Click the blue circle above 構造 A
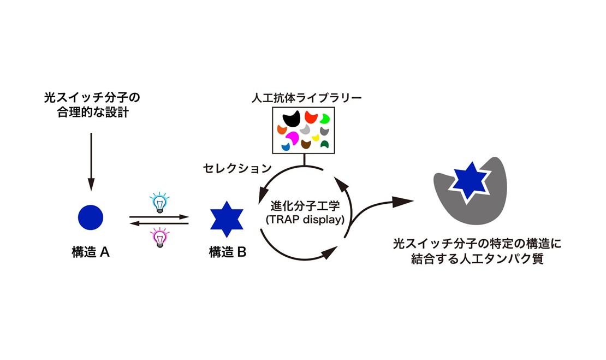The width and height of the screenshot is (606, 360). [91, 217]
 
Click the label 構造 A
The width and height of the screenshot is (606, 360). [91, 252]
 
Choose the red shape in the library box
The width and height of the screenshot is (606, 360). [311, 116]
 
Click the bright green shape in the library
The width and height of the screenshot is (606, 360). [325, 118]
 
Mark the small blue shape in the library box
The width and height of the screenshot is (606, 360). [286, 146]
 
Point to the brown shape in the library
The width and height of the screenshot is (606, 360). [306, 144]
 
